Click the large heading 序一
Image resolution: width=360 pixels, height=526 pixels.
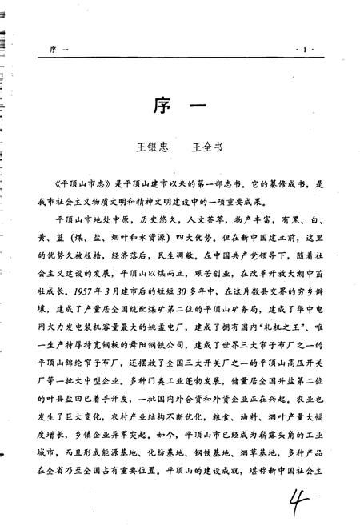click(x=182, y=108)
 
